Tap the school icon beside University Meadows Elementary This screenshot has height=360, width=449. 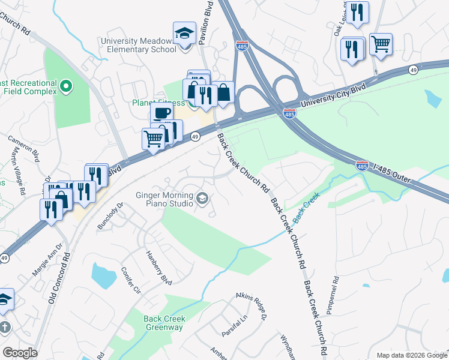tap(184, 34)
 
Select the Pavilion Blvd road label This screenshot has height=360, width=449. tap(206, 28)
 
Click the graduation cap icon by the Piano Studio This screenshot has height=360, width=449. tap(203, 198)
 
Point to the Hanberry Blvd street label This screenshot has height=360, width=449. tap(158, 268)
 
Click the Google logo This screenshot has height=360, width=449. tap(20, 353)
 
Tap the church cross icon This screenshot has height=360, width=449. tap(4, 328)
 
